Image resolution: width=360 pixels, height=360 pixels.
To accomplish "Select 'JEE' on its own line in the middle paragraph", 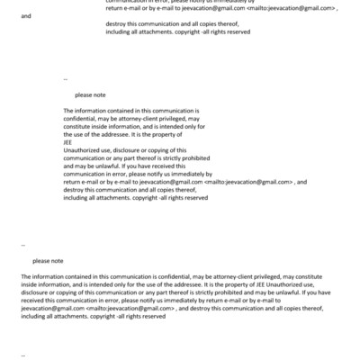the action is [x=67, y=141].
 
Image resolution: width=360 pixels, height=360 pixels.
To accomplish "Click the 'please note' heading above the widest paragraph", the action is [x=48, y=260].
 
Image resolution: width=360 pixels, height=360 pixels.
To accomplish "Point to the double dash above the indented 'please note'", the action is [x=66, y=79].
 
